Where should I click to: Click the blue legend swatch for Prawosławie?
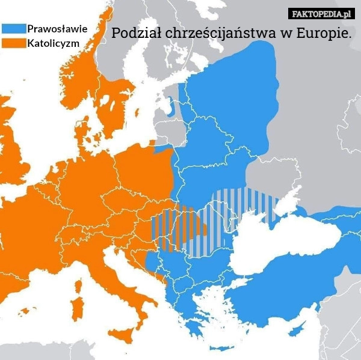pos(14,28)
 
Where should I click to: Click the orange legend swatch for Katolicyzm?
pos(14,43)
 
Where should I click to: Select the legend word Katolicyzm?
pos(54,43)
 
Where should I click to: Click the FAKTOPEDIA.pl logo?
pos(321,13)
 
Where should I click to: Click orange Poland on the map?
pos(144,174)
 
